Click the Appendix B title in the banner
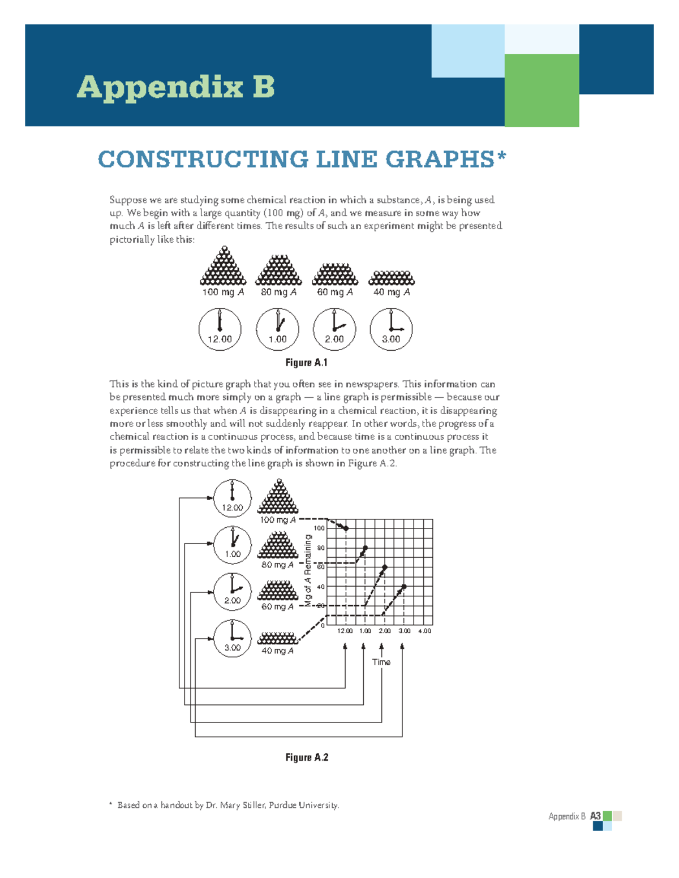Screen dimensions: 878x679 coord(175,87)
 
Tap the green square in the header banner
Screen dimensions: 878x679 coord(542,90)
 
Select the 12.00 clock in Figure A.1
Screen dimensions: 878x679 coord(220,329)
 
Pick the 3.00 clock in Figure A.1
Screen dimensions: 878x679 coord(391,329)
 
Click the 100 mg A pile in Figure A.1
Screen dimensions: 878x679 coord(224,267)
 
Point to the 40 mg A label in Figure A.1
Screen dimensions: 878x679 coord(392,292)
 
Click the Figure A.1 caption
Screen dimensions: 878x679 coord(307,363)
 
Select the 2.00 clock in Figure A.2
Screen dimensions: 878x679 coord(233,592)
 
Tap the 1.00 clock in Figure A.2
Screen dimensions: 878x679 coord(233,545)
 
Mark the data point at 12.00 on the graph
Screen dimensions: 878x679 coord(346,528)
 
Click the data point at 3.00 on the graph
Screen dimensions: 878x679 coord(404,587)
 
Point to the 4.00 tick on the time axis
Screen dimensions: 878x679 coord(424,631)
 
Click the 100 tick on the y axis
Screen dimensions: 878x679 coord(320,528)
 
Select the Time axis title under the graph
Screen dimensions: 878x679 coord(381,662)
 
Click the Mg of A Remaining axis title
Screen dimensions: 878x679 coord(308,570)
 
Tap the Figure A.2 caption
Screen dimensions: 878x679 coord(307,758)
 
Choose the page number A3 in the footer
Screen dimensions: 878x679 coord(595,816)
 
